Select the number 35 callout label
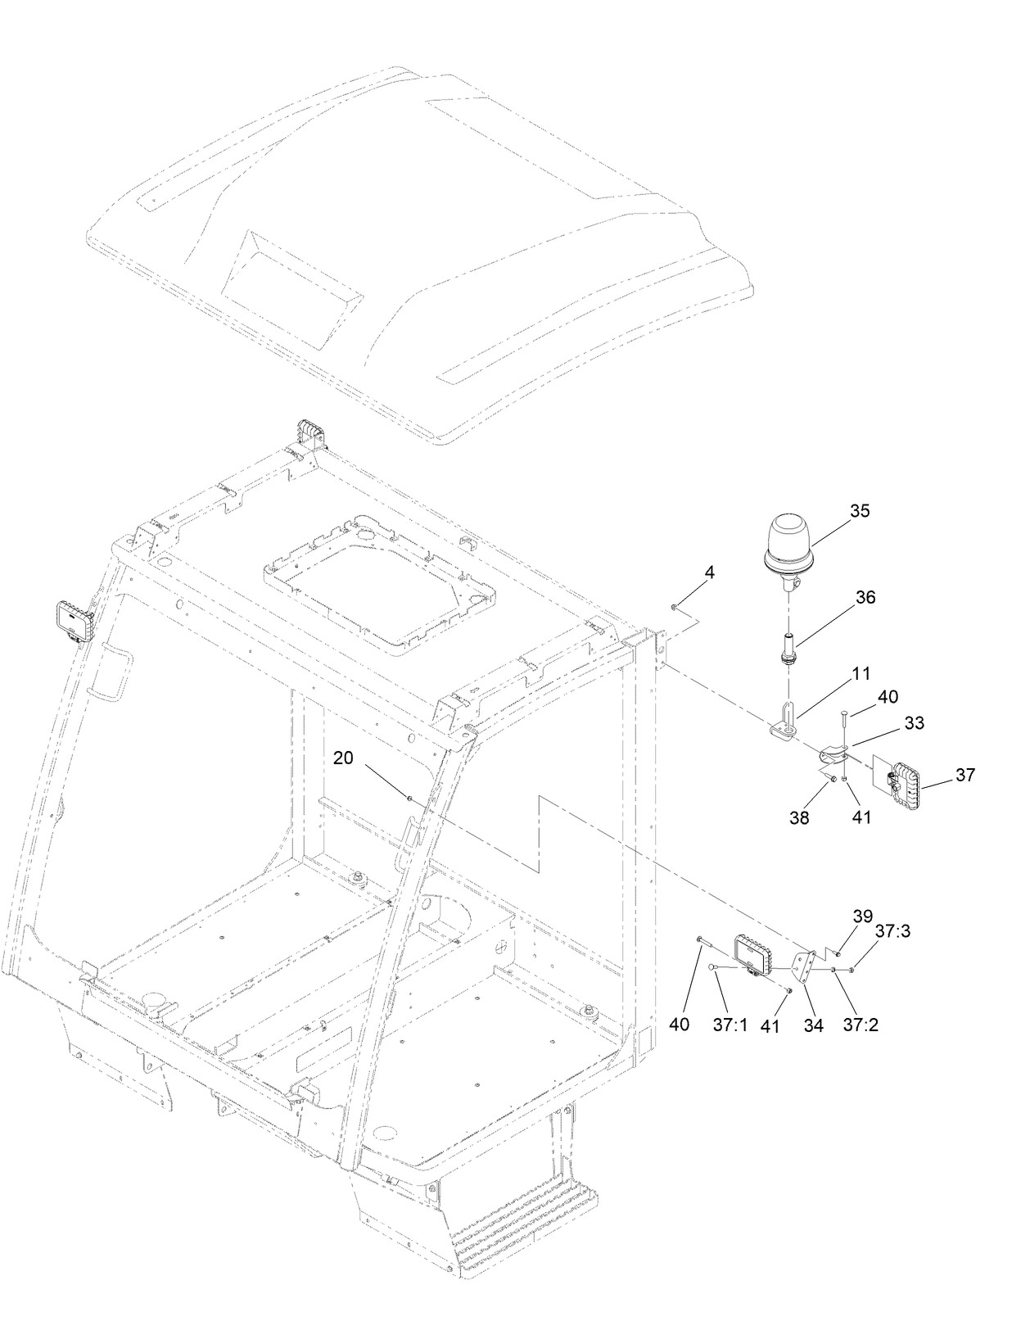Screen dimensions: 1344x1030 coord(860,511)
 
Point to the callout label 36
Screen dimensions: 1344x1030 coord(865,598)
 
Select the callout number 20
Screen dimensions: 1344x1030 coord(343,758)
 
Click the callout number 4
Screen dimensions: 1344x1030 coord(710,573)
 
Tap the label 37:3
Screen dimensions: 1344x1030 coord(892,931)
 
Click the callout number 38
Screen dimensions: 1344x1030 coord(799,817)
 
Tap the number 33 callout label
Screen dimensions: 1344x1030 coord(914,723)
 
